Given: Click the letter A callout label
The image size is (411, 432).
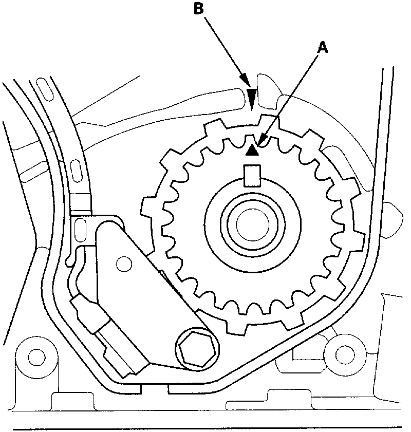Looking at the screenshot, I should [323, 48].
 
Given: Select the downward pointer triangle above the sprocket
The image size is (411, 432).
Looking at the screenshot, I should [252, 97].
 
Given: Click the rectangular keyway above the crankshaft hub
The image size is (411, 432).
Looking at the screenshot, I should [252, 175].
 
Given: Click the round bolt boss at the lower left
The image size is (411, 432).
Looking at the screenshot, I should [35, 356].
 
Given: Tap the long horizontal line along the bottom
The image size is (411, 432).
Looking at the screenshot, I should [206, 427].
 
